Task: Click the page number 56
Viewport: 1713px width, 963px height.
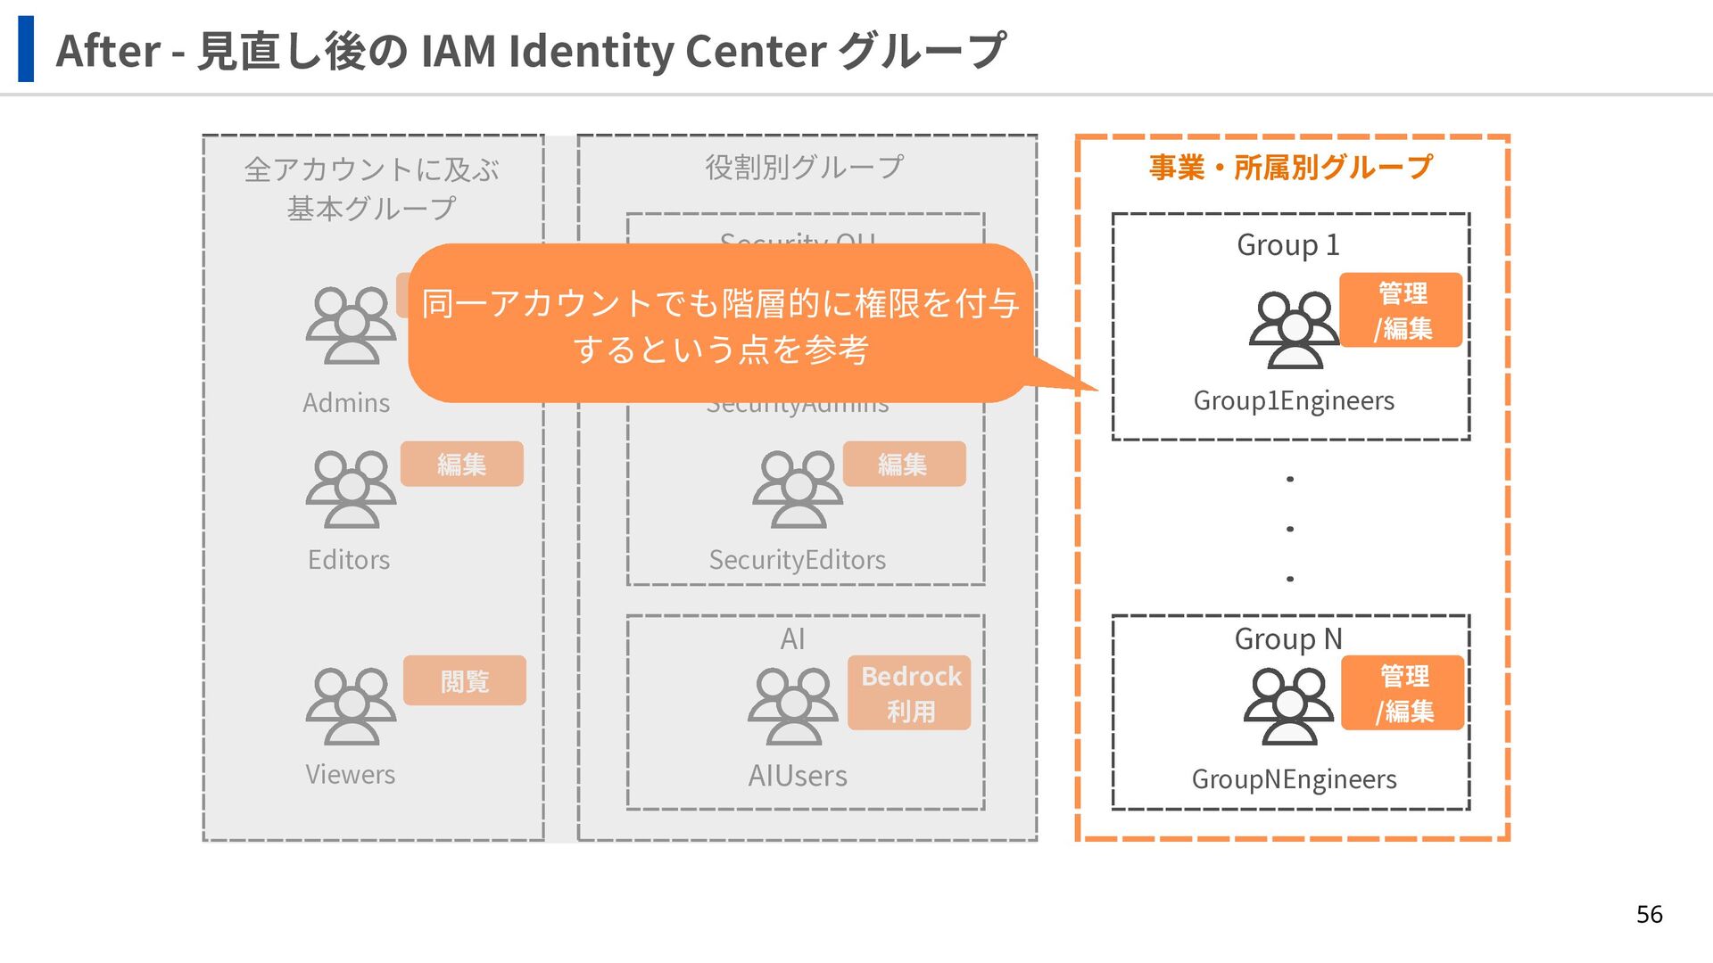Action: [1649, 914]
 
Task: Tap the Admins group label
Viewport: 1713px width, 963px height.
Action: [346, 403]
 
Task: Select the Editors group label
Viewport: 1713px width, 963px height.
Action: [349, 560]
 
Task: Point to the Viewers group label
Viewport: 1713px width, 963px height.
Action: [350, 774]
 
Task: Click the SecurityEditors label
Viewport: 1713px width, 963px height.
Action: [797, 560]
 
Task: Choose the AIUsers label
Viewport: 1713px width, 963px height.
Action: [798, 776]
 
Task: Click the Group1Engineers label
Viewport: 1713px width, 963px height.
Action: [1294, 401]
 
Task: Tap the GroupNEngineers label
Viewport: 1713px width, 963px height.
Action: [1294, 779]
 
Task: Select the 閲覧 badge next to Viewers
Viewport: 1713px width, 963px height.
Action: [464, 681]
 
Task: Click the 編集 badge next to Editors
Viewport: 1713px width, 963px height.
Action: [461, 464]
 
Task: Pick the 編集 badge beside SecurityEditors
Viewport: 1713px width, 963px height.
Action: [903, 464]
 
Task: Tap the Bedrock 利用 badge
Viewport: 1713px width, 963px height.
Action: [909, 694]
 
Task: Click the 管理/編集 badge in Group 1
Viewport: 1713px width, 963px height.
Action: [1401, 310]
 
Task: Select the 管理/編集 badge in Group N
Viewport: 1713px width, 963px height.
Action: [1403, 694]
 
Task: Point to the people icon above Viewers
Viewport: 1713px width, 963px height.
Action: [351, 706]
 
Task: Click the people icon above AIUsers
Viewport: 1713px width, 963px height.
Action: [793, 706]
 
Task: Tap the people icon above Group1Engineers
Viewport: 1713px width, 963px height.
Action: [1294, 330]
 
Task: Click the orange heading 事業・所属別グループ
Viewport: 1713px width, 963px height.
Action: [1290, 168]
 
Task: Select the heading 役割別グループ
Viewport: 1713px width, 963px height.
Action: [805, 168]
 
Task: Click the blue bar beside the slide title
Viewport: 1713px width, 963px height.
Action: [26, 49]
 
